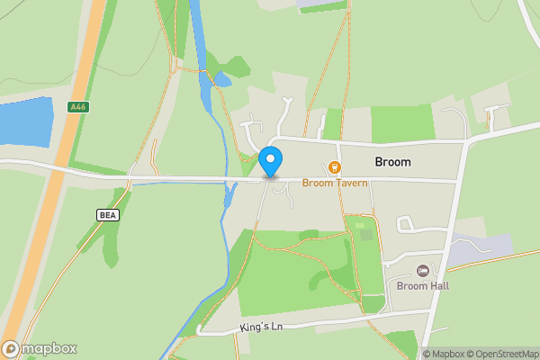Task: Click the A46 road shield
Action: coord(78,106)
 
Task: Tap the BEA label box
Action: coord(107,214)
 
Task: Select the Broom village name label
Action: coord(392,162)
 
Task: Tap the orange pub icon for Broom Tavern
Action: coord(335,166)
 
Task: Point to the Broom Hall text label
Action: coord(422,286)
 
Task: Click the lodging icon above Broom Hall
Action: coord(422,271)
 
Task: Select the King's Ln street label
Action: coord(261,327)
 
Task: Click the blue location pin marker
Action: coord(271,161)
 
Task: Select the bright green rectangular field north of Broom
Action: coord(401,123)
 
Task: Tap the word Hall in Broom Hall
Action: coord(437,286)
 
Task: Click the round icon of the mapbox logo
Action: coord(11,348)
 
